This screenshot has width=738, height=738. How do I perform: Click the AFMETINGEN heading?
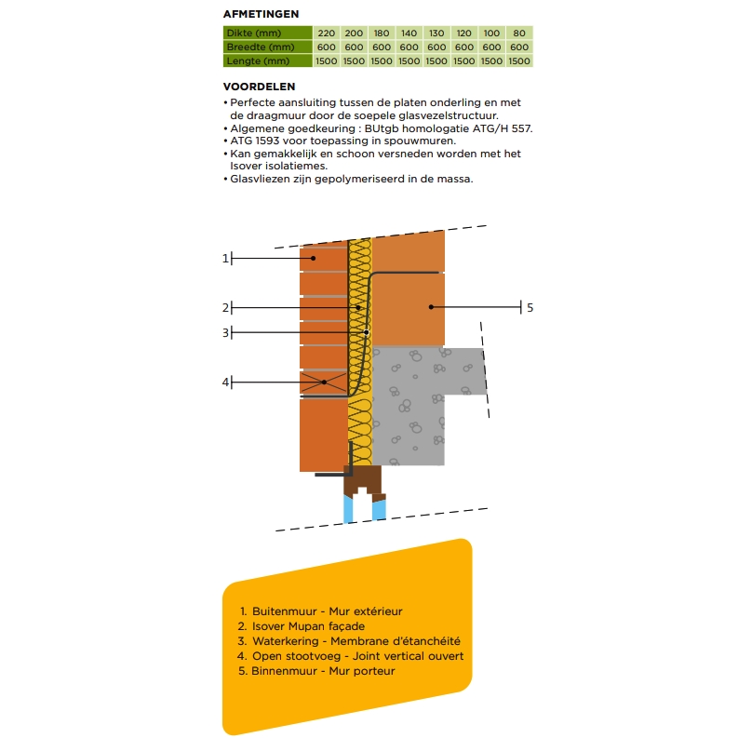(261, 14)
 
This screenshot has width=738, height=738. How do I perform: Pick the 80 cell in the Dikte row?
(519, 33)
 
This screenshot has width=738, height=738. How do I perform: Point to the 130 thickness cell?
(436, 33)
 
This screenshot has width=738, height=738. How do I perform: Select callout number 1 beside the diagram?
(225, 258)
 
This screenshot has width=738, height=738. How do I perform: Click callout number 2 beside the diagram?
(225, 307)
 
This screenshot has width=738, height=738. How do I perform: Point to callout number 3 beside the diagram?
(225, 332)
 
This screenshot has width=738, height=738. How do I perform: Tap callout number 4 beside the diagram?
(225, 382)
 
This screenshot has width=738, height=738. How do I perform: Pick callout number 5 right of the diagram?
(530, 307)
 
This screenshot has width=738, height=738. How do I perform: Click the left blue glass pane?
(349, 508)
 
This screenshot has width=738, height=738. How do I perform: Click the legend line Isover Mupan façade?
(309, 626)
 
